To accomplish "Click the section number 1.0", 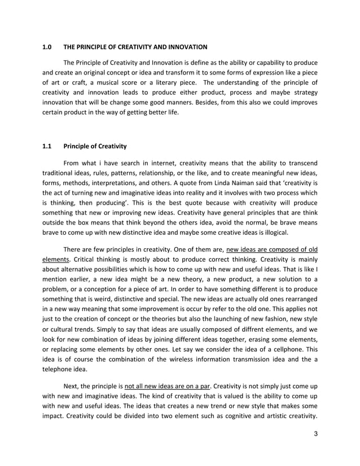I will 47,46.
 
